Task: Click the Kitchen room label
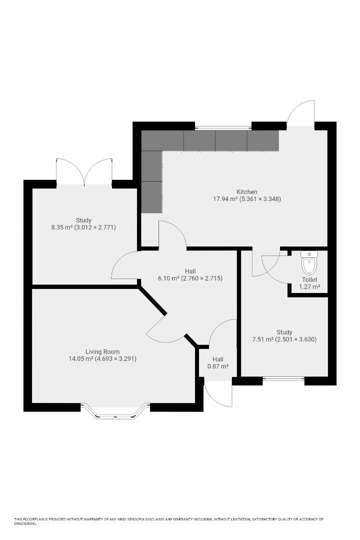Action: pos(247,192)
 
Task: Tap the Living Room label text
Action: pos(102,351)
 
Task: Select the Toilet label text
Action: pos(309,279)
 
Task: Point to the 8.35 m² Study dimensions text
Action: pos(83,227)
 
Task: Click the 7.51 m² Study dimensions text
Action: pos(284,339)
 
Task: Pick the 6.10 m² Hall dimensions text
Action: pos(190,278)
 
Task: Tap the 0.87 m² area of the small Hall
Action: pos(218,366)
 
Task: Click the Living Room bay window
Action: pos(115,411)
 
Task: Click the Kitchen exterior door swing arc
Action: pos(302,112)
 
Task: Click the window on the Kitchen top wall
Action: pos(223,125)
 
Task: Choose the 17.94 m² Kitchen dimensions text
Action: pos(247,199)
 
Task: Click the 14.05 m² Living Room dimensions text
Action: pos(102,358)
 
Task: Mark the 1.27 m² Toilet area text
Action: pos(309,287)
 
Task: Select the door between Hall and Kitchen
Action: pos(172,235)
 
